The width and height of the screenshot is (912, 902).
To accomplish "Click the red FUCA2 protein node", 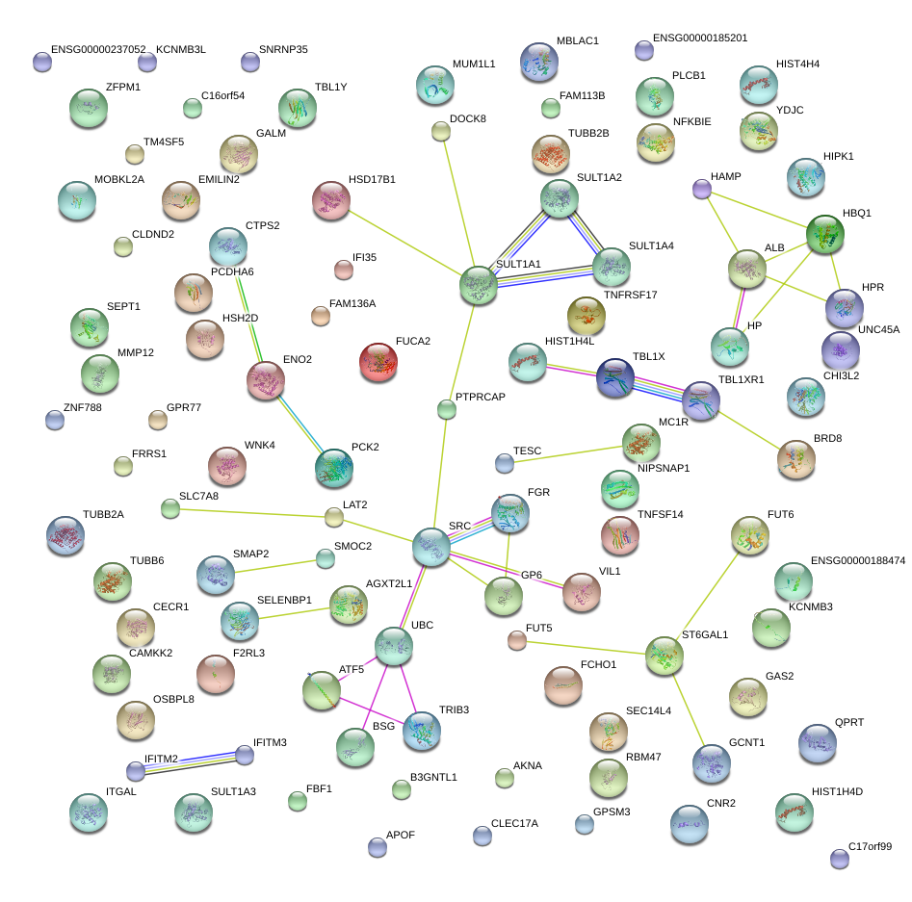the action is tap(378, 362).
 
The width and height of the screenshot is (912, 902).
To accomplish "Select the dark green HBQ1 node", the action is tap(824, 234).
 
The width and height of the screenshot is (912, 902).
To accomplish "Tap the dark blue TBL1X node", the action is tap(615, 378).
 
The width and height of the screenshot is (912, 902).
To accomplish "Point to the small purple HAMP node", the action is tap(702, 189).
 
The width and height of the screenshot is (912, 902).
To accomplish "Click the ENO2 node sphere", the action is tap(266, 381).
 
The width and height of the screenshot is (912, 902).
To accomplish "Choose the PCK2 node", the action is tap(334, 468).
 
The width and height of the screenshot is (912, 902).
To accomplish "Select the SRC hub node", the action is tap(431, 547).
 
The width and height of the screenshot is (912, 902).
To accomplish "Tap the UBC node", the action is tap(394, 646).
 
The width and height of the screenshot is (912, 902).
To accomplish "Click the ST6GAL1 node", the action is tap(664, 656).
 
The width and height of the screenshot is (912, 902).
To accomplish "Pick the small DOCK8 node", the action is tap(441, 132).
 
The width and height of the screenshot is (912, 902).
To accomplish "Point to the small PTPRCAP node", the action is tap(447, 409).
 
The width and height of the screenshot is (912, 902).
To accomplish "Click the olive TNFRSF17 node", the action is tap(586, 316).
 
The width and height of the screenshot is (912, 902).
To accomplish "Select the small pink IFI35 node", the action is tap(344, 270).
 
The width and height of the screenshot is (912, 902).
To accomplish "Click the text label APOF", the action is tap(401, 835).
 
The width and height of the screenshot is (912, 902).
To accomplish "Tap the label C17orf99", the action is tap(870, 846).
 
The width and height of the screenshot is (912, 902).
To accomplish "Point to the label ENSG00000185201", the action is tap(700, 38).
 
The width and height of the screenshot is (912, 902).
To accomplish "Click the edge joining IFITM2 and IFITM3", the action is tap(190, 763).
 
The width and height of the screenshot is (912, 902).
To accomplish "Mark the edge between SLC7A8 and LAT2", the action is tap(252, 513).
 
